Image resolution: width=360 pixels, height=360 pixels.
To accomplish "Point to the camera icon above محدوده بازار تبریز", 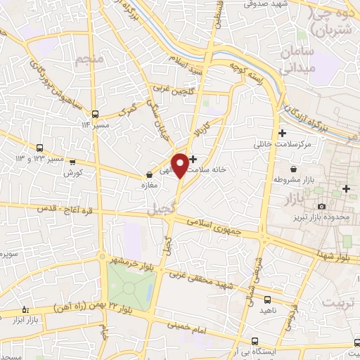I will (x=321, y=206).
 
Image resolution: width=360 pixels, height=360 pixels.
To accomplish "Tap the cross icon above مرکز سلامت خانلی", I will (x=282, y=133).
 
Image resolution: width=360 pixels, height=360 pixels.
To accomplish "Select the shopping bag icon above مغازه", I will (x=148, y=176).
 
